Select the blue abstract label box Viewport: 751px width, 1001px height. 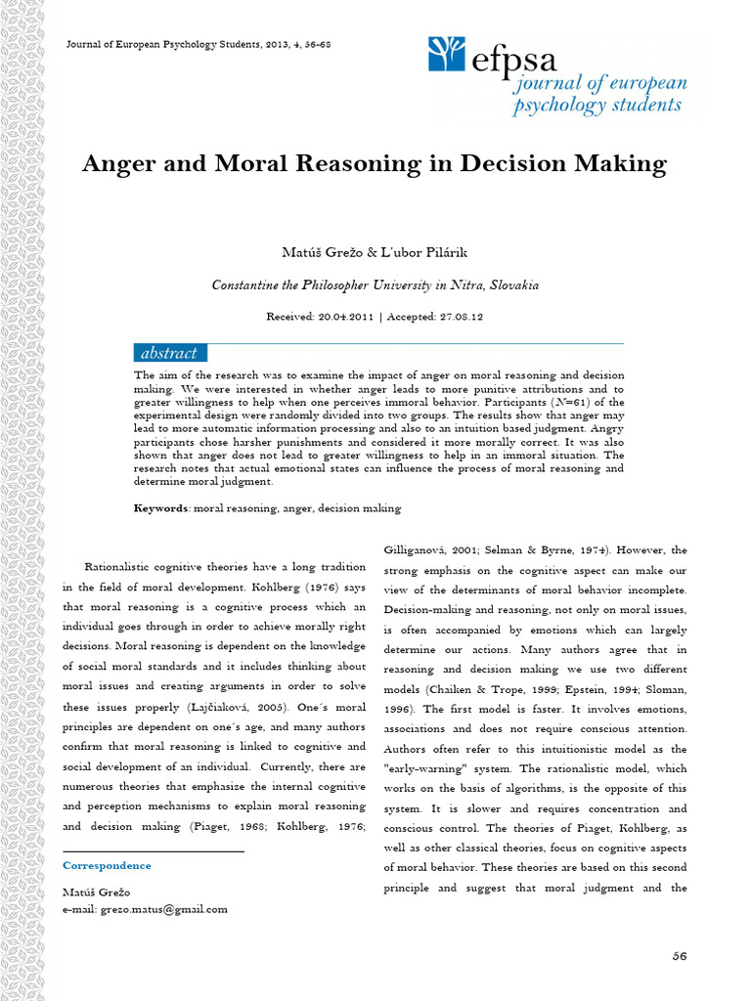(x=169, y=353)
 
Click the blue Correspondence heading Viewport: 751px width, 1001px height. (x=107, y=865)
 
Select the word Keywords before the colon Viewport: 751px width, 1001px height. (x=161, y=508)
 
